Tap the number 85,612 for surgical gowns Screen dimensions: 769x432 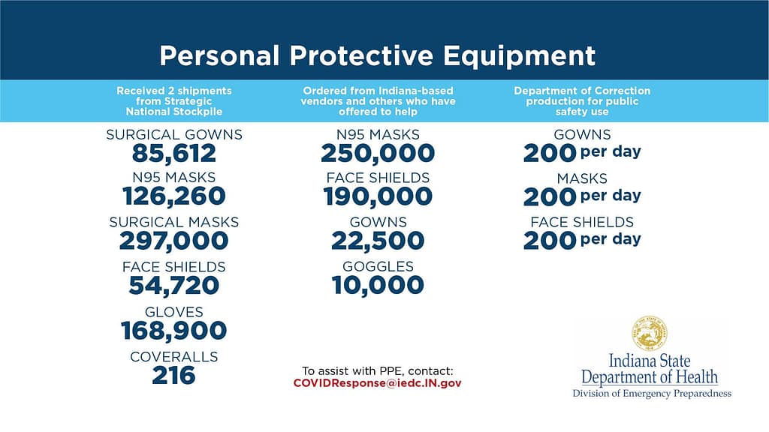174,154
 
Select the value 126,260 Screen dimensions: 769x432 174,196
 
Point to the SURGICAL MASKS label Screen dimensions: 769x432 174,222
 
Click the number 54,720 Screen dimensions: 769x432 174,286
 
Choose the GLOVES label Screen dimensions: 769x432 174,312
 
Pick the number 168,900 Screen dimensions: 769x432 174,331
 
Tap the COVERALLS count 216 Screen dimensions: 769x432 174,376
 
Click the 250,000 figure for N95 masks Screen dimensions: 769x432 378,153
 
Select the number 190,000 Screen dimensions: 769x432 378,196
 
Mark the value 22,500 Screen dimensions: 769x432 378,241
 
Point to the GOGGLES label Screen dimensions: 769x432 378,266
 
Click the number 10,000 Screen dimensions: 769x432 378,285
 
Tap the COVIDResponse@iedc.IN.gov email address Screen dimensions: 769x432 378,383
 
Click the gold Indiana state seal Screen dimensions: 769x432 650,334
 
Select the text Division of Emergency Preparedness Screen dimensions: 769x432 652,393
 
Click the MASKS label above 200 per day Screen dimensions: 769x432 582,178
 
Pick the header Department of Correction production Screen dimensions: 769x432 582,101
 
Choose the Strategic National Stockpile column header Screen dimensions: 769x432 174,101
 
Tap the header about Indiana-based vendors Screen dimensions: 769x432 378,101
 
